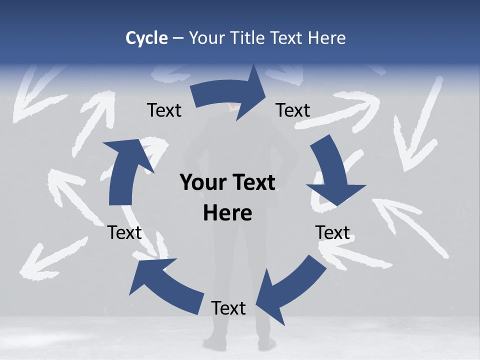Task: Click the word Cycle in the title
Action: [x=146, y=38]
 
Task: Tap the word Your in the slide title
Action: [x=207, y=38]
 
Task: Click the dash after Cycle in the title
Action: [x=178, y=38]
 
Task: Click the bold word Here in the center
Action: [x=227, y=213]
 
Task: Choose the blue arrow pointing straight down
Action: [x=333, y=172]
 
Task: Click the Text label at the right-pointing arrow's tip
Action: [x=293, y=110]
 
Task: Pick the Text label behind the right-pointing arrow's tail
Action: [x=164, y=110]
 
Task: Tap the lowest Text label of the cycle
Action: [x=228, y=308]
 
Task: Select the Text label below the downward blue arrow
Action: [x=332, y=232]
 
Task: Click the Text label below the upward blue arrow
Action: [x=124, y=232]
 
